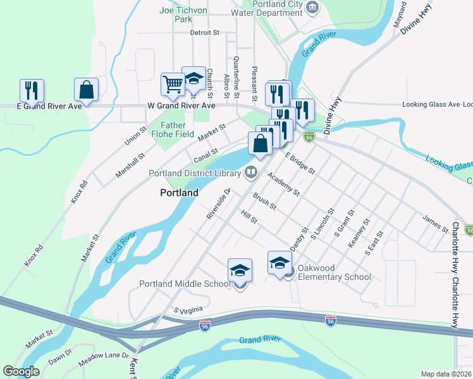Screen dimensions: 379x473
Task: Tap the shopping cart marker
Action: point(172,84)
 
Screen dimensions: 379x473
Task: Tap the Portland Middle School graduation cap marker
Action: point(240,270)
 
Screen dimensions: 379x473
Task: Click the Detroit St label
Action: point(204,32)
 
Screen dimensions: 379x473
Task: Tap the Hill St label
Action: point(250,217)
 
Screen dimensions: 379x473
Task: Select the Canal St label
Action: point(206,155)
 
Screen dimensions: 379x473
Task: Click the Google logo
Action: point(21,371)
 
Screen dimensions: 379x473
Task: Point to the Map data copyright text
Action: point(446,374)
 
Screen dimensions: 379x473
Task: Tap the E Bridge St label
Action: point(300,162)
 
